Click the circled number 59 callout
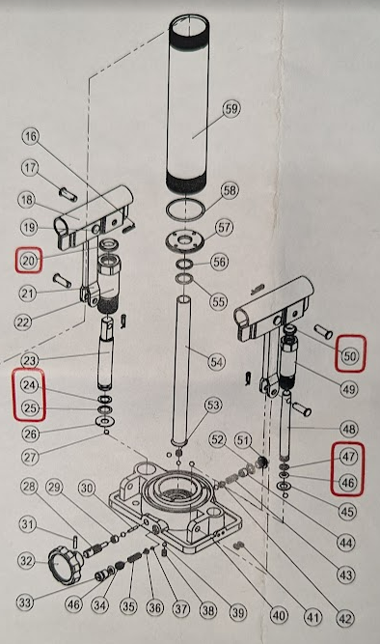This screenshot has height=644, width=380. [x=231, y=109]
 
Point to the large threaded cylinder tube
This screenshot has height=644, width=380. [x=187, y=104]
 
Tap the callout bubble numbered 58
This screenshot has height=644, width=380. [x=230, y=190]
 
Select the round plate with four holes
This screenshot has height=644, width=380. [x=185, y=239]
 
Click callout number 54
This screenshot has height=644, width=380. [x=216, y=362]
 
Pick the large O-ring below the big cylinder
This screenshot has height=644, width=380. [x=185, y=210]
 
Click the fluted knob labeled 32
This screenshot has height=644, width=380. [x=63, y=562]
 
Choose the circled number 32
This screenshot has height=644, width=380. [x=27, y=561]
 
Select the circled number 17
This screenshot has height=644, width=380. [x=30, y=168]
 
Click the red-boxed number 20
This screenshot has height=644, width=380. [x=28, y=261]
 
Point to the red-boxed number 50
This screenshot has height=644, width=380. [x=350, y=355]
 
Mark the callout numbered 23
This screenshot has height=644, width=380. [x=30, y=361]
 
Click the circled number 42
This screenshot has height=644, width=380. [x=345, y=618]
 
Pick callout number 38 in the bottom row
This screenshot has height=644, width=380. [x=208, y=610]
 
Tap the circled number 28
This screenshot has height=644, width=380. [x=29, y=487]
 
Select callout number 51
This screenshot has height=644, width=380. [x=242, y=441]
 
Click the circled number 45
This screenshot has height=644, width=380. [x=347, y=512]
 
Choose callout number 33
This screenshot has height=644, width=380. [x=25, y=602]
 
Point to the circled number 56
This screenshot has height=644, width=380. [x=219, y=262]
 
